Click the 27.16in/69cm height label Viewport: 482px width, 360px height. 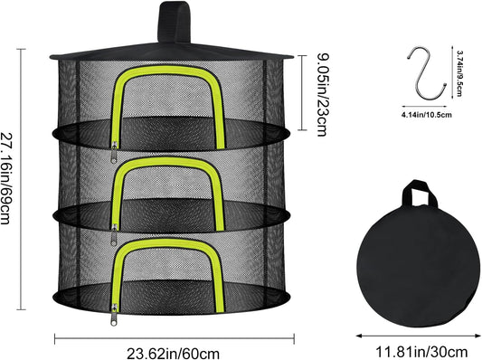[5, 178]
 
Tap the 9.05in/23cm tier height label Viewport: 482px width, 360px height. [322, 94]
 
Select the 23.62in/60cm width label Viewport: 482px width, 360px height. [173, 354]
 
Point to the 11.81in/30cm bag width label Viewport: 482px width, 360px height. [421, 351]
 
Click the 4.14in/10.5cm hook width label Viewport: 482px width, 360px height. [426, 115]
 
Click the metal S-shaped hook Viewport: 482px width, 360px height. [426, 73]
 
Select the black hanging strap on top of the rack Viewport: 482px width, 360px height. [175, 22]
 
